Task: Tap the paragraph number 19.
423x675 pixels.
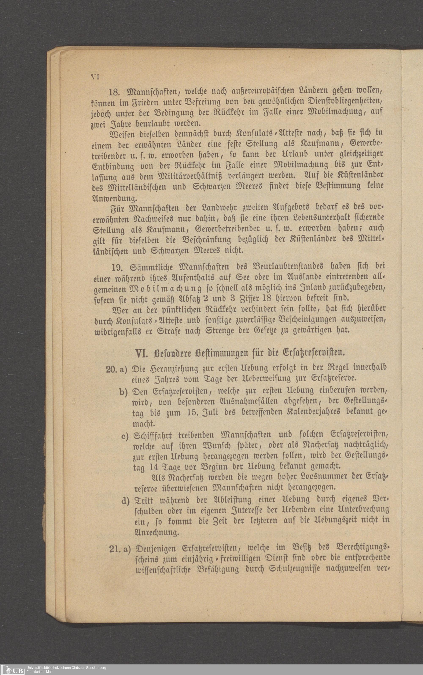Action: click(117, 268)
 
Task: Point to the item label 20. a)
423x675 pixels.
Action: click(116, 369)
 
